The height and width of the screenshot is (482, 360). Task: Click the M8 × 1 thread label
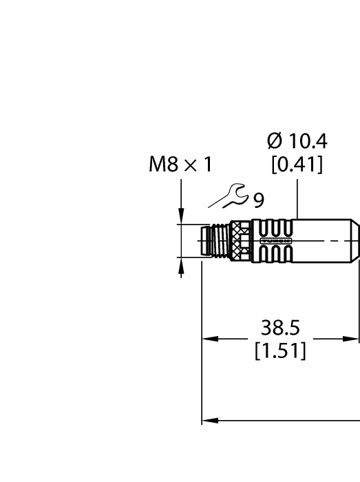pos(180,165)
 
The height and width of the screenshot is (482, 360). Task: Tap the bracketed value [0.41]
pos(297,166)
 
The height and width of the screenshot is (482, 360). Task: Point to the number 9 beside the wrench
pos(258,200)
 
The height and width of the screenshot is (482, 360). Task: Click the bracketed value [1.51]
pos(279,352)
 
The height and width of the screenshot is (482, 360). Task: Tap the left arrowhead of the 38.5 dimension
pos(207,339)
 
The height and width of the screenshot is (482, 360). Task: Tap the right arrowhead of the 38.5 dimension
pos(354,339)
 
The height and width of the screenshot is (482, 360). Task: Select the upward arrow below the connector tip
pos(181,264)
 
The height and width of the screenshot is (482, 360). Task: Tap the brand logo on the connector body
pos(284,241)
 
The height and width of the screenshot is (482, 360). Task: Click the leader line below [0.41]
pos(297,196)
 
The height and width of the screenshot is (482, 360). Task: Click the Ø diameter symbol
pos(273,142)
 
